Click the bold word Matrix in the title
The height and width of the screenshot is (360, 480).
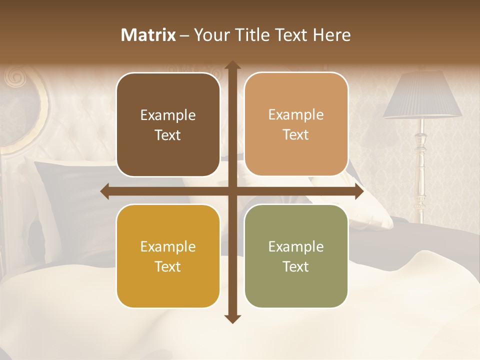tap(148, 35)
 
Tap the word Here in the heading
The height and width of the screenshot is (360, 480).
tap(332, 35)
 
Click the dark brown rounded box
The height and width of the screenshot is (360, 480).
tap(168, 125)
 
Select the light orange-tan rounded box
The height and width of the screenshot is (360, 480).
tap(296, 124)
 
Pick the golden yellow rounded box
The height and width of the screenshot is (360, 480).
tap(168, 256)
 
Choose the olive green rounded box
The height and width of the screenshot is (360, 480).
tap(296, 256)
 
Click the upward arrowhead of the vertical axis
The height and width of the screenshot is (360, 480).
tap(232, 65)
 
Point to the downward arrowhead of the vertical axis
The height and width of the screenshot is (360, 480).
tap(232, 318)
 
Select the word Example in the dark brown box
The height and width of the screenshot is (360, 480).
tap(168, 115)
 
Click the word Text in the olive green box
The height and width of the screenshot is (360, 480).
tap(296, 266)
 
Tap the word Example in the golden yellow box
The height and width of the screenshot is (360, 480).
tap(168, 246)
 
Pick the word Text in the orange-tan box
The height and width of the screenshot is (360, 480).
tap(296, 135)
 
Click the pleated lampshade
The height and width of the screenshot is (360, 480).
tap(423, 95)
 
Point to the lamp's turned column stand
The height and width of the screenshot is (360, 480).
tap(420, 170)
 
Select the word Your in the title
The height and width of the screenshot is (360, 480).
tap(210, 35)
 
